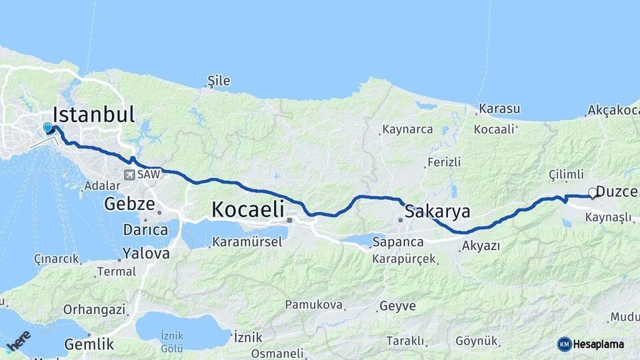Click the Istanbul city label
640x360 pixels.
tap(93, 114)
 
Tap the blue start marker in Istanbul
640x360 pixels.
tap(48, 127)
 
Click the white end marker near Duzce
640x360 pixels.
tap(592, 193)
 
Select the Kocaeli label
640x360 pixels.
tap(249, 209)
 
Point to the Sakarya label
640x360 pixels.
tap(437, 212)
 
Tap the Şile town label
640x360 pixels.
tap(219, 81)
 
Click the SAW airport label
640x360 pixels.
tap(145, 175)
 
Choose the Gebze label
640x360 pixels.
tap(129, 204)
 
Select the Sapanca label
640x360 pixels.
tap(398, 241)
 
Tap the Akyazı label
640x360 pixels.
tap(480, 246)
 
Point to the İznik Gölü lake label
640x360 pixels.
tap(171, 342)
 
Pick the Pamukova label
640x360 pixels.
tap(313, 305)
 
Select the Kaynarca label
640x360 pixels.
tap(407, 129)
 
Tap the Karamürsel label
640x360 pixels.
tap(247, 241)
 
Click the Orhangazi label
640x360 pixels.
tap(94, 309)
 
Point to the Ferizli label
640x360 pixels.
tap(444, 162)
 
